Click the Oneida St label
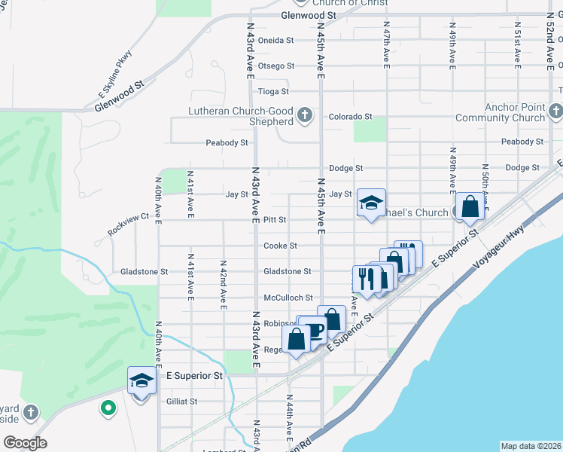point(275,40)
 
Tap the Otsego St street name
point(275,66)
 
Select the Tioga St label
point(273,92)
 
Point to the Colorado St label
point(350,117)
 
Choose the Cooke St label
point(280,246)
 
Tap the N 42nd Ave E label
point(224,286)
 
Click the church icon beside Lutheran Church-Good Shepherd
point(304,115)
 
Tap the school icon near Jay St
point(371,203)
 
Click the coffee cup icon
point(316,329)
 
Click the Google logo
point(25,443)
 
